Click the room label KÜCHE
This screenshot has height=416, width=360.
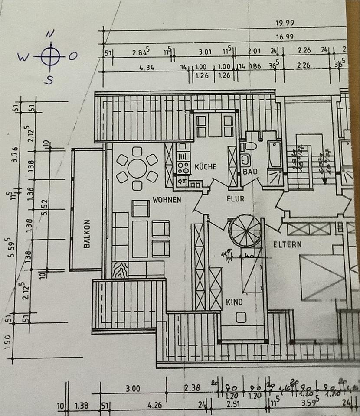205,166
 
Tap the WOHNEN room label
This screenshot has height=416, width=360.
166,200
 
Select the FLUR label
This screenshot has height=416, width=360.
236,199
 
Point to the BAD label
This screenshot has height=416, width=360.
250,172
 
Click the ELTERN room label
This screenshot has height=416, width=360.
287,244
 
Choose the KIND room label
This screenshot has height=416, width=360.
234,302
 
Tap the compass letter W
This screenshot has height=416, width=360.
23,56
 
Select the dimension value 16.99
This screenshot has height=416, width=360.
284,37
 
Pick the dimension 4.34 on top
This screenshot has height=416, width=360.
147,68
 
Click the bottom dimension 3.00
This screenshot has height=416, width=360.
133,389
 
